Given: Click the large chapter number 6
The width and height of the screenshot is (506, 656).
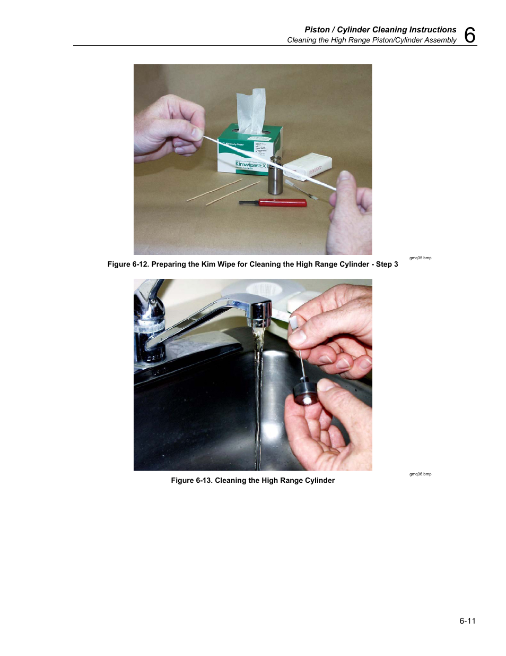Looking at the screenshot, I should tap(469, 35).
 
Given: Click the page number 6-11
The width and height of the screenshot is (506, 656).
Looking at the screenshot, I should tap(467, 621).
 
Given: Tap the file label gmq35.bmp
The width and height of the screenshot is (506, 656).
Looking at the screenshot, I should tap(420, 258).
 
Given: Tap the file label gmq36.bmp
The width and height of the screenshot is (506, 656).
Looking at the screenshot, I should tap(420, 474).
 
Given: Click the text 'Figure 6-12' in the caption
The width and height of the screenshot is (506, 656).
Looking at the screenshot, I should tap(127, 265).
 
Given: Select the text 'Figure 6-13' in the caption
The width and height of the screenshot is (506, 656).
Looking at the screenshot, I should tap(191, 481).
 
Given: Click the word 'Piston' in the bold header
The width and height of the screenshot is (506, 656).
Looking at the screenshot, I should tap(317, 30).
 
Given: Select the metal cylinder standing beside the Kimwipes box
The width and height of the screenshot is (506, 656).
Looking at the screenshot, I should tap(275, 175).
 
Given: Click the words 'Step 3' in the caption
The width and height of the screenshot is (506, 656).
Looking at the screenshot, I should tap(387, 265).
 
